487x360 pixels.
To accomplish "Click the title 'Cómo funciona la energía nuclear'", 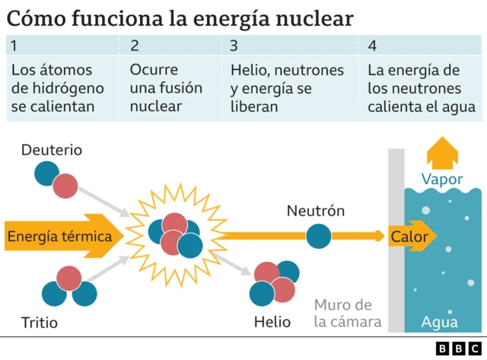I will [x=180, y=18].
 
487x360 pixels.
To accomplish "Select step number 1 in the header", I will [x=14, y=46].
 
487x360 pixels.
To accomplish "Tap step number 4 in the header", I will [x=371, y=46].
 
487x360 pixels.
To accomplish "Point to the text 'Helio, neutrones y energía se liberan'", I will [x=287, y=88].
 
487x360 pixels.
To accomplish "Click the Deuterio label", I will [x=52, y=150].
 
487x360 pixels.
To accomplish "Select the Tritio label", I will [x=40, y=323].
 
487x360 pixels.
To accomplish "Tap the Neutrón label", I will [x=316, y=211].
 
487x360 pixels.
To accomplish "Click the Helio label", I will [x=273, y=322].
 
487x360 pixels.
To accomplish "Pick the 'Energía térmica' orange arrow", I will [x=65, y=237].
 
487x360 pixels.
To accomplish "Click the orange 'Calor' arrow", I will [x=412, y=237].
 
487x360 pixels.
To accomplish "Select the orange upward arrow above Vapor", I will [x=442, y=153].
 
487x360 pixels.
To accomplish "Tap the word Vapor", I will [x=442, y=180].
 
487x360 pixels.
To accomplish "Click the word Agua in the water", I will [x=440, y=322].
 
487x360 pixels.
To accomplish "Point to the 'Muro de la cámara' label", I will [x=348, y=313].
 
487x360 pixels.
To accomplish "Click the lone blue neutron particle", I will [x=318, y=237].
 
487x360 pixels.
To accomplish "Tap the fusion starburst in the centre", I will [x=174, y=234].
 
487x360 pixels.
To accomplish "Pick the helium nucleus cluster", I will [x=275, y=282].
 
